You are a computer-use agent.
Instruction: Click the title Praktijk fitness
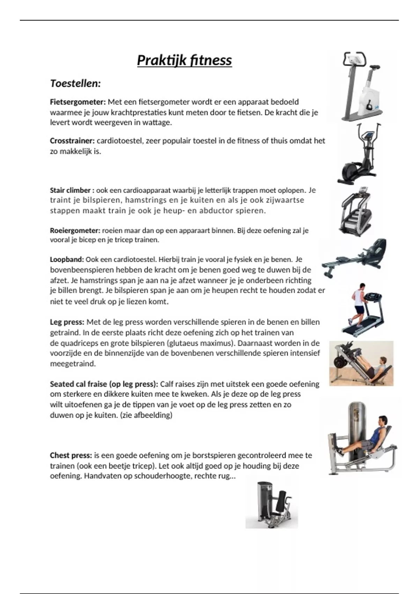[184, 60]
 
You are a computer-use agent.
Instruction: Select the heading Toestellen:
[75, 84]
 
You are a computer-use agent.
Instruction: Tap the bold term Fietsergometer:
[78, 102]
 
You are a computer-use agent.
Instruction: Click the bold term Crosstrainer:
[72, 141]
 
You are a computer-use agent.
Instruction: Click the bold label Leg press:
[67, 322]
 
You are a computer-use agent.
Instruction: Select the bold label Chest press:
[71, 456]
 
